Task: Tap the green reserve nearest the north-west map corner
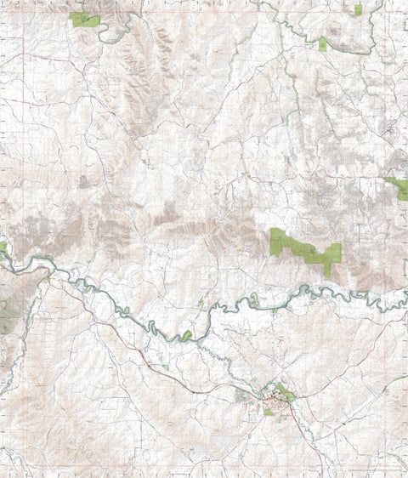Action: coord(83,19)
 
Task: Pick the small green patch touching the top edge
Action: coord(358,9)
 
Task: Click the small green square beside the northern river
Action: coord(322,43)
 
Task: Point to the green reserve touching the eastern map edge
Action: coord(398,186)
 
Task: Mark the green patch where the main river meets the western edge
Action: coord(3,248)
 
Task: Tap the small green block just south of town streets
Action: coord(269,413)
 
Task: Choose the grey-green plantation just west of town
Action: coord(243,395)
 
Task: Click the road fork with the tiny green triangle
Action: coord(201,301)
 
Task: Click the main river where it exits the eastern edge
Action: coord(405,295)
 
